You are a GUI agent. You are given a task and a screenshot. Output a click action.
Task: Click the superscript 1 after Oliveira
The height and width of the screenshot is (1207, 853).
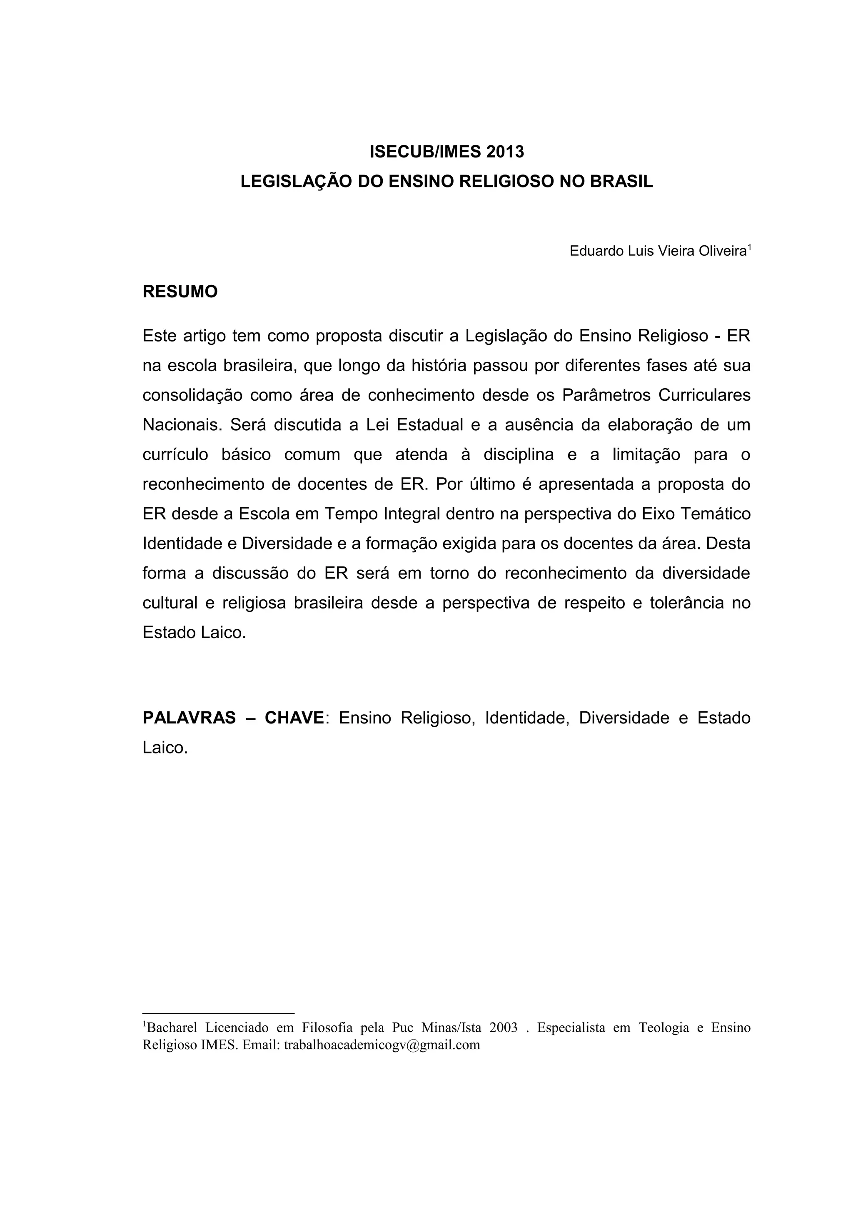pyautogui.click(x=749, y=247)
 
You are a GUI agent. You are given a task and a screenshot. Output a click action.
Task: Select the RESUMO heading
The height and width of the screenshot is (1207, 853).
pyautogui.click(x=180, y=292)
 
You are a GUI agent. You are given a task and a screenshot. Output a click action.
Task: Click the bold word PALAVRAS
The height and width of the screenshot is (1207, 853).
pyautogui.click(x=189, y=718)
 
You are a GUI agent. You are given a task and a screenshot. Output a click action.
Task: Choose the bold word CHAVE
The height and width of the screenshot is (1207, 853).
pyautogui.click(x=294, y=718)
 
